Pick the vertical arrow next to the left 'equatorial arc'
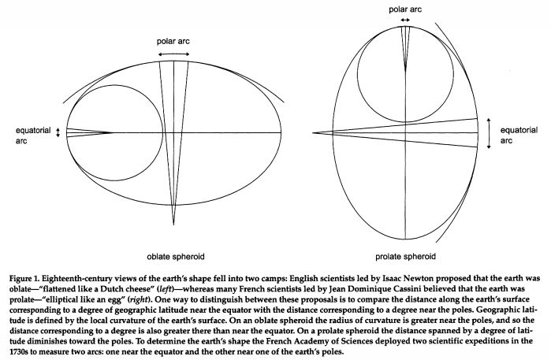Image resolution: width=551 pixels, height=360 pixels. click(57, 132)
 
